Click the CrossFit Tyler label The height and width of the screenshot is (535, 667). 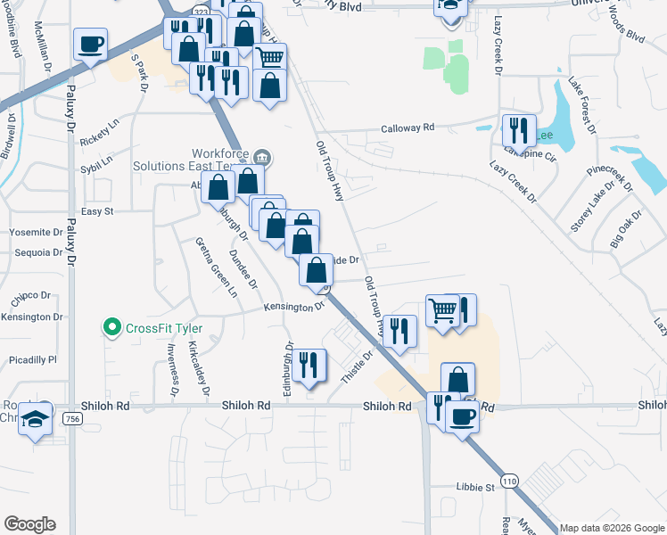164,328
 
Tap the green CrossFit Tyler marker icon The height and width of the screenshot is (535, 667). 112,328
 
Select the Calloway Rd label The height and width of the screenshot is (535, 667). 408,128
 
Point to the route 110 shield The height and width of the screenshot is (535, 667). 509,481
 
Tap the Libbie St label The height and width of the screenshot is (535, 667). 476,488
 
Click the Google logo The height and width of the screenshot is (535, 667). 29,524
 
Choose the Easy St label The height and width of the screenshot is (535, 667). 97,211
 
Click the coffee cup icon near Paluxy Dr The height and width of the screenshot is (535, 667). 90,44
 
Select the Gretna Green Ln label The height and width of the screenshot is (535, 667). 218,267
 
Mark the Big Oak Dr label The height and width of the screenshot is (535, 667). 625,229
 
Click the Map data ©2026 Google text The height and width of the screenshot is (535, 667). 612,527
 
